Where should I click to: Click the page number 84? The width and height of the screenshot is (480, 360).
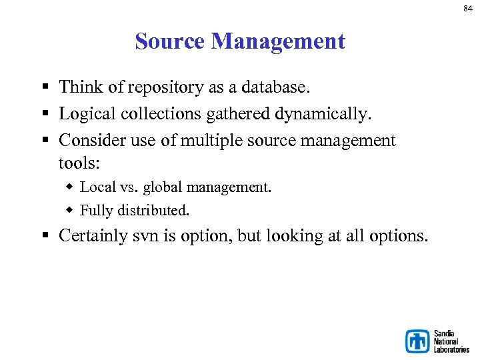(469, 8)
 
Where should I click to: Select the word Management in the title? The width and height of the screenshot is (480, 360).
(278, 42)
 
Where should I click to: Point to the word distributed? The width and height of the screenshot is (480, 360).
(154, 211)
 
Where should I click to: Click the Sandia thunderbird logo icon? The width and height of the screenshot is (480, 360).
(417, 341)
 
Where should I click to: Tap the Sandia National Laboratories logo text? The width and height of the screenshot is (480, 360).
(451, 341)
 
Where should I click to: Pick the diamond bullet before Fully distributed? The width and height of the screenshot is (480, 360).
(70, 211)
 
